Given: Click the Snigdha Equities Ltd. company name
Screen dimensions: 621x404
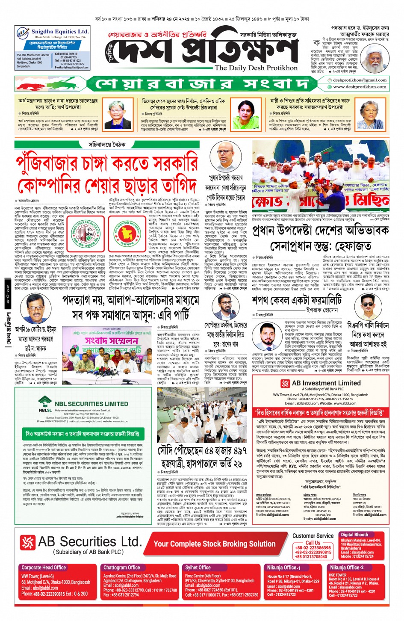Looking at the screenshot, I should (x=60, y=32).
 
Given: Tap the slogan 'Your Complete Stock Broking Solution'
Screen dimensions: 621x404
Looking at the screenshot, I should (x=214, y=544).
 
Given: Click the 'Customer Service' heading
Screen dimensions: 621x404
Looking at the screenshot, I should (x=313, y=535).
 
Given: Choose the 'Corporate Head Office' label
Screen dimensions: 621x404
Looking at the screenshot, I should (x=44, y=568).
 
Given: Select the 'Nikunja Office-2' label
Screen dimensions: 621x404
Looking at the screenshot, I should (x=346, y=568).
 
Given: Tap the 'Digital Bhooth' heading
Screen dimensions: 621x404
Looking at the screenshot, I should (x=354, y=535).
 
